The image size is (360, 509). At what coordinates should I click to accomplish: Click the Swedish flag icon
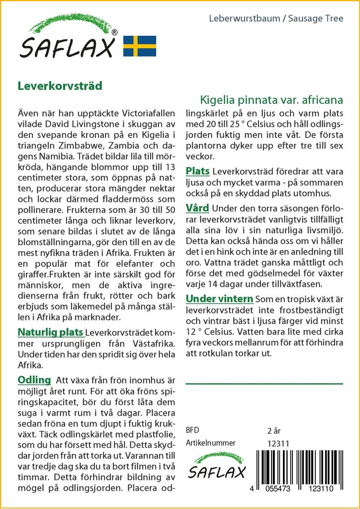click(140, 46)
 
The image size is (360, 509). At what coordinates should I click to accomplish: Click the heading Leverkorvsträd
click(60, 85)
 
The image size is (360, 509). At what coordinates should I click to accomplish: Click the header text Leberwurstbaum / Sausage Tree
click(276, 19)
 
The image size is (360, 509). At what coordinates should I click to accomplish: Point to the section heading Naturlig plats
click(50, 332)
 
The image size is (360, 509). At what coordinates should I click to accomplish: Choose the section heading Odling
click(34, 380)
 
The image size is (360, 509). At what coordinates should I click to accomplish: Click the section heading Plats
click(197, 171)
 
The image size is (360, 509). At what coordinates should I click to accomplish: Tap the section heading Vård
click(197, 208)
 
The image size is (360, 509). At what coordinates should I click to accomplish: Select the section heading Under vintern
click(219, 299)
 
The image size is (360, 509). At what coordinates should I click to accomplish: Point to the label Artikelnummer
click(210, 443)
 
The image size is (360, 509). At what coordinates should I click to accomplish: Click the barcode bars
click(303, 465)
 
